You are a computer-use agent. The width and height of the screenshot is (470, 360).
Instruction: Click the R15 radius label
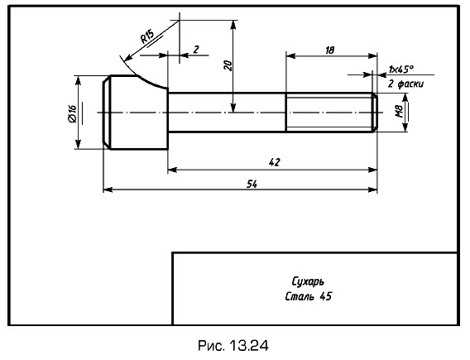[x=147, y=36]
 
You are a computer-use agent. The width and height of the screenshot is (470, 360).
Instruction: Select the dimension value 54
[x=252, y=184]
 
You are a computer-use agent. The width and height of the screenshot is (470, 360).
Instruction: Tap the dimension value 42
[x=274, y=162]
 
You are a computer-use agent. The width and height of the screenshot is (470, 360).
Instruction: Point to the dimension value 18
[x=329, y=50]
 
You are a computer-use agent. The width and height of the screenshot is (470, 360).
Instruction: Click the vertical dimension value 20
[x=228, y=65]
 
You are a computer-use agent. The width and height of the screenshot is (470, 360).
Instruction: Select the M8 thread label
[x=399, y=111]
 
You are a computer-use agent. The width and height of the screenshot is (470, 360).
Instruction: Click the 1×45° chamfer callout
[x=400, y=70]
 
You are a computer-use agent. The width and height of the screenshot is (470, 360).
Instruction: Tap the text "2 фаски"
[x=405, y=84]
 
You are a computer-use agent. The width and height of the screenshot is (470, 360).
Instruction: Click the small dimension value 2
[x=196, y=49]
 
